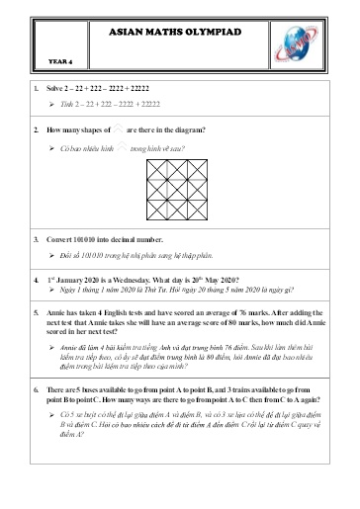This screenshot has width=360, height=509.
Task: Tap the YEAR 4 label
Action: tap(61, 60)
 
